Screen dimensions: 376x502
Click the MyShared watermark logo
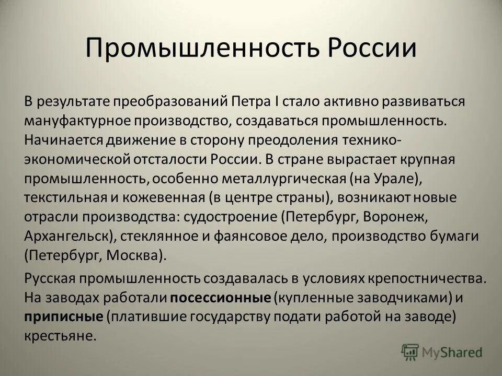[x=441, y=351]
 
